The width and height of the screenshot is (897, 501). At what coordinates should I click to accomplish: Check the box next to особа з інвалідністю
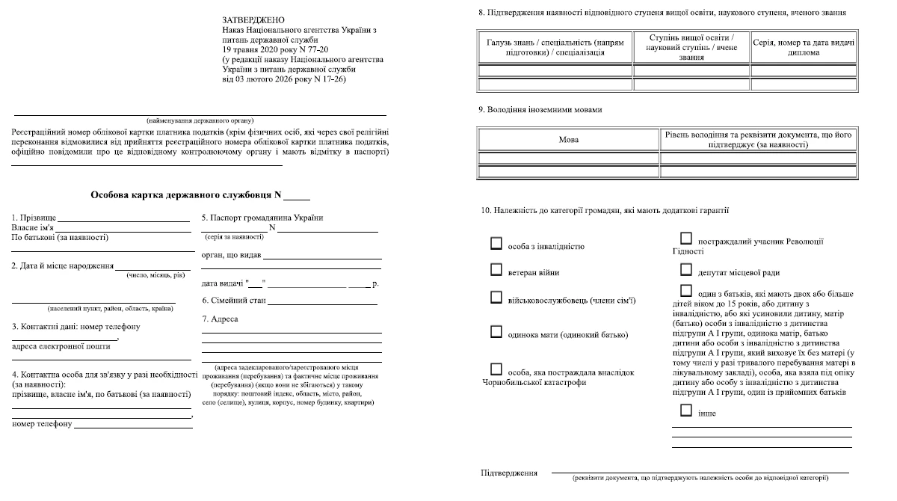click(x=496, y=243)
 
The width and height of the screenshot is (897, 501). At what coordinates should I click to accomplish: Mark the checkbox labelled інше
click(x=686, y=410)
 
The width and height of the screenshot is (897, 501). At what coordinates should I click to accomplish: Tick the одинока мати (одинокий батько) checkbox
click(x=496, y=331)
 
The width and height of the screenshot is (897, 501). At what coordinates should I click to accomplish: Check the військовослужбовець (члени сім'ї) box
click(x=496, y=297)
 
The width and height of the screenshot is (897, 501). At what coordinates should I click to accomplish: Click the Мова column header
click(x=568, y=140)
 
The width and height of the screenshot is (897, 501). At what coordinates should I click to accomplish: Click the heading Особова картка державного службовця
click(x=185, y=194)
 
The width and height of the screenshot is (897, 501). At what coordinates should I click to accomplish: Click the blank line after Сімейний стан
click(x=322, y=304)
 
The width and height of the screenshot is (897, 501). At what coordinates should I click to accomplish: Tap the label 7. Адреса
click(x=220, y=319)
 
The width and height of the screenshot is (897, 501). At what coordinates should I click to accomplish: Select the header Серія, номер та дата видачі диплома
click(x=803, y=47)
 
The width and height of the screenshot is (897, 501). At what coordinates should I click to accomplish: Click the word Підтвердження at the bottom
click(x=509, y=473)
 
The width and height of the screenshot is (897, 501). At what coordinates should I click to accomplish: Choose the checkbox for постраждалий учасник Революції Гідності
click(x=686, y=239)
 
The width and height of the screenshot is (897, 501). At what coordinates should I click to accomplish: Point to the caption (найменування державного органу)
click(x=200, y=120)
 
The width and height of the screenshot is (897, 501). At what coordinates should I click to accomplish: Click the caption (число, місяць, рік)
click(x=153, y=275)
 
